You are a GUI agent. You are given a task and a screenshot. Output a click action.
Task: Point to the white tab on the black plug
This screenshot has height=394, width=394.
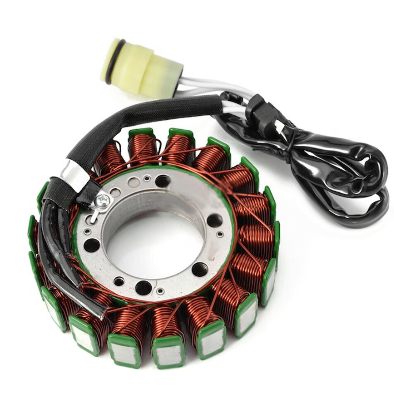tap(279, 127)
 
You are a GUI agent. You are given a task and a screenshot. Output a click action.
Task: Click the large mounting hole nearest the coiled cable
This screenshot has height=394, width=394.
tap(214, 221)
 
